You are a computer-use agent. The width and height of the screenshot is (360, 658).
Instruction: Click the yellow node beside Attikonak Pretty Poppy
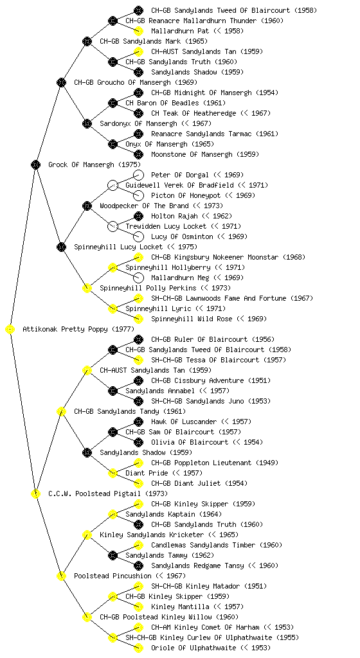(10, 330)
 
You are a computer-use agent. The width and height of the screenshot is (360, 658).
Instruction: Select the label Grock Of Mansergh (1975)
(94, 165)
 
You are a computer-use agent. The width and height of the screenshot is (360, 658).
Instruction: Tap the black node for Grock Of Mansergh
(35, 165)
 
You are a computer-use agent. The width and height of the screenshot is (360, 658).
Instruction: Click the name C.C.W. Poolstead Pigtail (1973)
(108, 494)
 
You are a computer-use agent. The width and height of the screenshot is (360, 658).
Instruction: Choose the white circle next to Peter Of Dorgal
(138, 175)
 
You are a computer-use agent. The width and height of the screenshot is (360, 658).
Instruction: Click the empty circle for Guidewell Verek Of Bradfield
(113, 185)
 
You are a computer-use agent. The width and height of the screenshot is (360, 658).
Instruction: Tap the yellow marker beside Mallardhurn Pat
(138, 31)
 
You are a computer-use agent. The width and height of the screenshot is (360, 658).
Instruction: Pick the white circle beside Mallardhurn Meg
(138, 278)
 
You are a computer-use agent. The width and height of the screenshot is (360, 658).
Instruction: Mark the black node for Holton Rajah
(138, 216)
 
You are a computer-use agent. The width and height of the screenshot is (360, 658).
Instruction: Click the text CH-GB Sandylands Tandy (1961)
(130, 412)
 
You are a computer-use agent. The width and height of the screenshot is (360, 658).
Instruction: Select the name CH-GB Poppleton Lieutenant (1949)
(215, 463)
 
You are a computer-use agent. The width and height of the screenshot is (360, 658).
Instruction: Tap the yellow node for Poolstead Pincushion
(61, 576)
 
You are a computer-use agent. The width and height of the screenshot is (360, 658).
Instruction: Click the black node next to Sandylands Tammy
(113, 556)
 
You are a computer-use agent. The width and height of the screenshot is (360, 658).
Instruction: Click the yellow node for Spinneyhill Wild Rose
(138, 319)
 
